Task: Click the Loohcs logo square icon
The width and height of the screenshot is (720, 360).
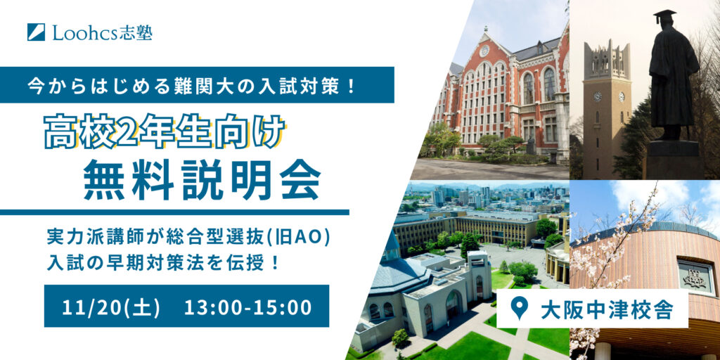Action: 37,32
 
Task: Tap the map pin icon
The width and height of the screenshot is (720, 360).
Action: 518,309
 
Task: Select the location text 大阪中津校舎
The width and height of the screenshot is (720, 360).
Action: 607,309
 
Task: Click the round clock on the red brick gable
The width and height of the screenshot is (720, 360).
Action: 484,51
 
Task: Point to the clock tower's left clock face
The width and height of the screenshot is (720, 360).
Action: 598,96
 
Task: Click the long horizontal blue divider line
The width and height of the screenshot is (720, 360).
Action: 174,212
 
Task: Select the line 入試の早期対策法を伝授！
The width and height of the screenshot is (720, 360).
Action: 163,264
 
